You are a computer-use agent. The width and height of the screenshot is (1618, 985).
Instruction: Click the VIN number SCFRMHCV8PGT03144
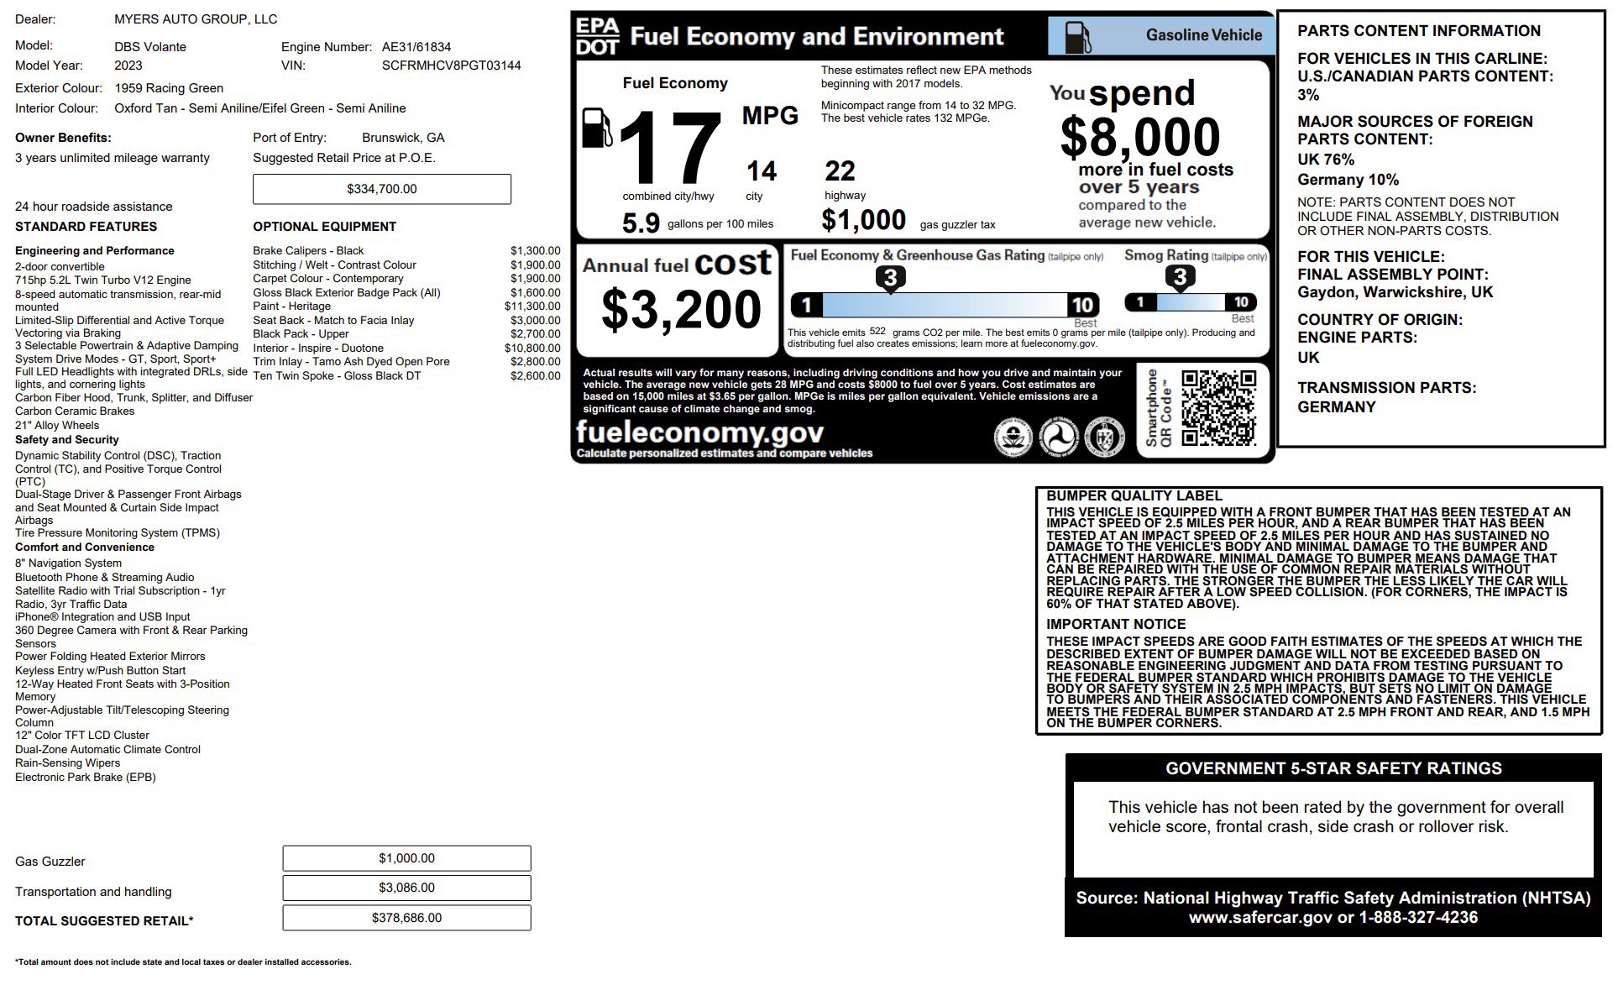tap(451, 65)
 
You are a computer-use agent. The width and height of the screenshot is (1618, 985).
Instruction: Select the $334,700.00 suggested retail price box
tap(381, 189)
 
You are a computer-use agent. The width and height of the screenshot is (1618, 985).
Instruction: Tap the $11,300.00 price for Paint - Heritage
tap(532, 307)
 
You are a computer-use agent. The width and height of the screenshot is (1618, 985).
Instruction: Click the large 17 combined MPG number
tap(670, 149)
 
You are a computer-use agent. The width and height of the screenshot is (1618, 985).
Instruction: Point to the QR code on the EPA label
tap(1218, 408)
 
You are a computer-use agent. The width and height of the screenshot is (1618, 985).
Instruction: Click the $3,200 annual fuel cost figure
tap(681, 309)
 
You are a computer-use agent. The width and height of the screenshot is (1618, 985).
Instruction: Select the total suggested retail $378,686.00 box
tap(406, 918)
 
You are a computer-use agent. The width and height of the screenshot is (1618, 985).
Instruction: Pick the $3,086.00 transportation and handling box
tap(406, 888)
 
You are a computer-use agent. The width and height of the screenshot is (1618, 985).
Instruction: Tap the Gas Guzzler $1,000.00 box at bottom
tap(406, 858)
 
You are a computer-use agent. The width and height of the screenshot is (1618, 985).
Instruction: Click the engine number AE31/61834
tap(416, 47)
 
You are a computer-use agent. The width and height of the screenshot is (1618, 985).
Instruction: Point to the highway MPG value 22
tap(840, 171)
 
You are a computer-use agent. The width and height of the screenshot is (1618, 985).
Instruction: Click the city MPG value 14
tap(762, 171)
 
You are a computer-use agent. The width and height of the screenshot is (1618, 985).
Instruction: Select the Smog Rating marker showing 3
tap(1180, 277)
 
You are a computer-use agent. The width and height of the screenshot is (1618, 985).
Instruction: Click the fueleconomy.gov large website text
tap(699, 432)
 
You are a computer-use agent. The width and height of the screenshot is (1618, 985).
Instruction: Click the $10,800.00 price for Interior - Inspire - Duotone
tap(532, 348)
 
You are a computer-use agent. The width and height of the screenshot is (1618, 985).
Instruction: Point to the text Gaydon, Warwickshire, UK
tap(1395, 292)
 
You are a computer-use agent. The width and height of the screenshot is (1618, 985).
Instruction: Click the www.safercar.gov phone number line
tap(1333, 918)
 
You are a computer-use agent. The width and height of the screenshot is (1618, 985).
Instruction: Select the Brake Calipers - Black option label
tap(308, 251)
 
